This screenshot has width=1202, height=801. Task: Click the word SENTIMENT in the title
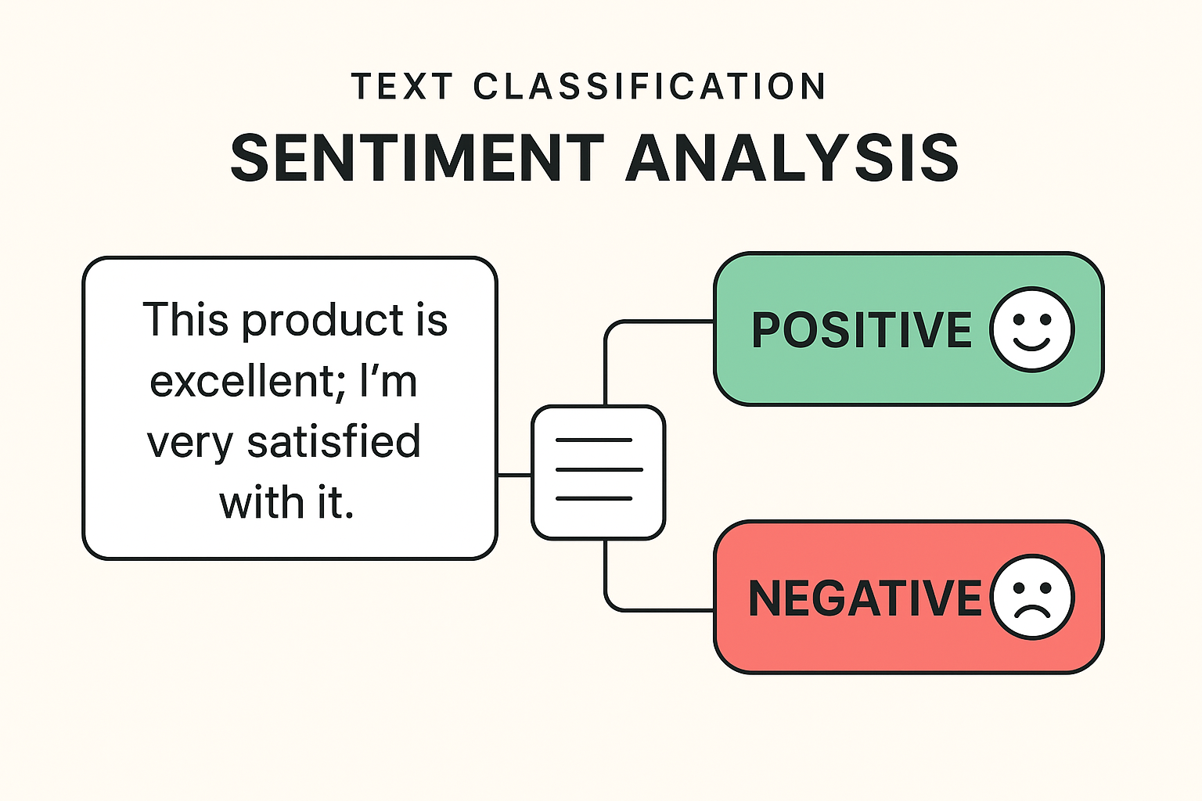tap(417, 158)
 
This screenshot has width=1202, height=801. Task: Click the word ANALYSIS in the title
tap(792, 158)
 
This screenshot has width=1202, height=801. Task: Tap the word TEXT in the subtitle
tap(402, 86)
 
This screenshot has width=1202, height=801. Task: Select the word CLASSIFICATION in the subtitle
tap(650, 86)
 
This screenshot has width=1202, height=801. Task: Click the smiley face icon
tap(1031, 329)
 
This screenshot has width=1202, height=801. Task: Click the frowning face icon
tap(1031, 597)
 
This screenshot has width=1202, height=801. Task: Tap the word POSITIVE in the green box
tap(862, 329)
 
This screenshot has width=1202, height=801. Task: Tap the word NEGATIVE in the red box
tap(864, 598)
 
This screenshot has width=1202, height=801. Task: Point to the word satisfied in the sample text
tap(334, 442)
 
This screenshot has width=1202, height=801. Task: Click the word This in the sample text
tap(185, 320)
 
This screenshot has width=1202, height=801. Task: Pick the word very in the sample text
tap(189, 444)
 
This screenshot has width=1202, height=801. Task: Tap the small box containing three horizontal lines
tap(598, 472)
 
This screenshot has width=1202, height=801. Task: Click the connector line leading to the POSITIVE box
tap(657, 321)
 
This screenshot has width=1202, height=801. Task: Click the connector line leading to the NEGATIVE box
tap(657, 609)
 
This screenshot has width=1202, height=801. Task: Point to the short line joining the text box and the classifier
tap(514, 475)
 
